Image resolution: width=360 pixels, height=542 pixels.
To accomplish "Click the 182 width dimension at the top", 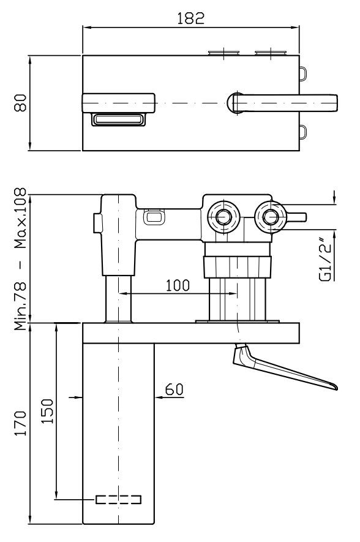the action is (190, 18).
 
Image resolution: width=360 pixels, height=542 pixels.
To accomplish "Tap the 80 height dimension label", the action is (20, 103).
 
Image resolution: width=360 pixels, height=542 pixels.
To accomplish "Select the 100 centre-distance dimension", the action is (178, 285).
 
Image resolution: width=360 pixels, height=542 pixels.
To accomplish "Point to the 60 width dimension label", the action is (174, 390).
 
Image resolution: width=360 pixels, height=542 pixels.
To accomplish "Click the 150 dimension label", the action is (47, 412).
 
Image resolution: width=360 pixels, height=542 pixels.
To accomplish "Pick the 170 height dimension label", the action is (20, 423).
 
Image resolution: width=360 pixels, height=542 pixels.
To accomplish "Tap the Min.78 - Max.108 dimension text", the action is (20, 259).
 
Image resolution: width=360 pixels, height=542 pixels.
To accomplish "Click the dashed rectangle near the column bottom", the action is (119, 499).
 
